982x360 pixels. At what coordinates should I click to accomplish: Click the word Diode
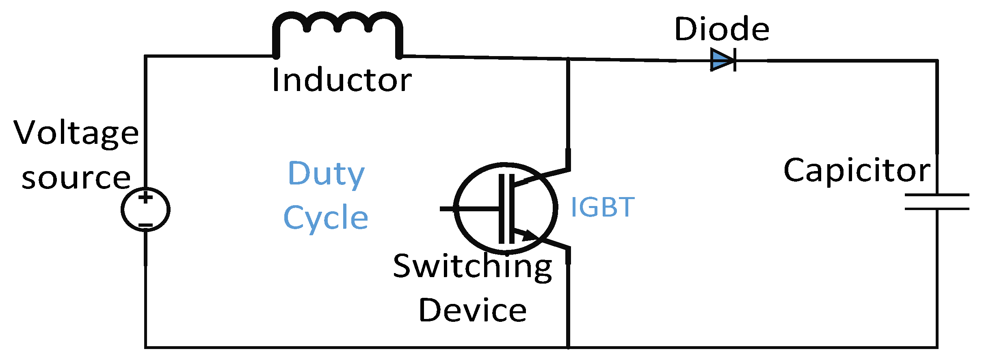coord(722,29)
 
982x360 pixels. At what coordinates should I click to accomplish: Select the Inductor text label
coord(342,80)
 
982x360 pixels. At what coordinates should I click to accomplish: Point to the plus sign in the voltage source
coord(145,198)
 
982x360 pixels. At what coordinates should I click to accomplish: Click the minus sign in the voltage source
coord(145,225)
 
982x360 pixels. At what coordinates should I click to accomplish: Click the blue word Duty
coord(326,174)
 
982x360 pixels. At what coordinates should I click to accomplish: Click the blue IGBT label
coord(602,207)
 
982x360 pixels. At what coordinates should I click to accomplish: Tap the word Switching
coord(472,267)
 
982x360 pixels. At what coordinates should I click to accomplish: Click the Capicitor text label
coord(857,171)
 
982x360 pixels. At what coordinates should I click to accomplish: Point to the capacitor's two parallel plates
coord(937,202)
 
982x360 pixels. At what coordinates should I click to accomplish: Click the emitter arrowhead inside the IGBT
coord(530,235)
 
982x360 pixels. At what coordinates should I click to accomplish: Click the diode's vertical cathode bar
coord(735,60)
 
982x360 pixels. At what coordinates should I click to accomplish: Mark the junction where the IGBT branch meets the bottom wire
coord(568,347)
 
